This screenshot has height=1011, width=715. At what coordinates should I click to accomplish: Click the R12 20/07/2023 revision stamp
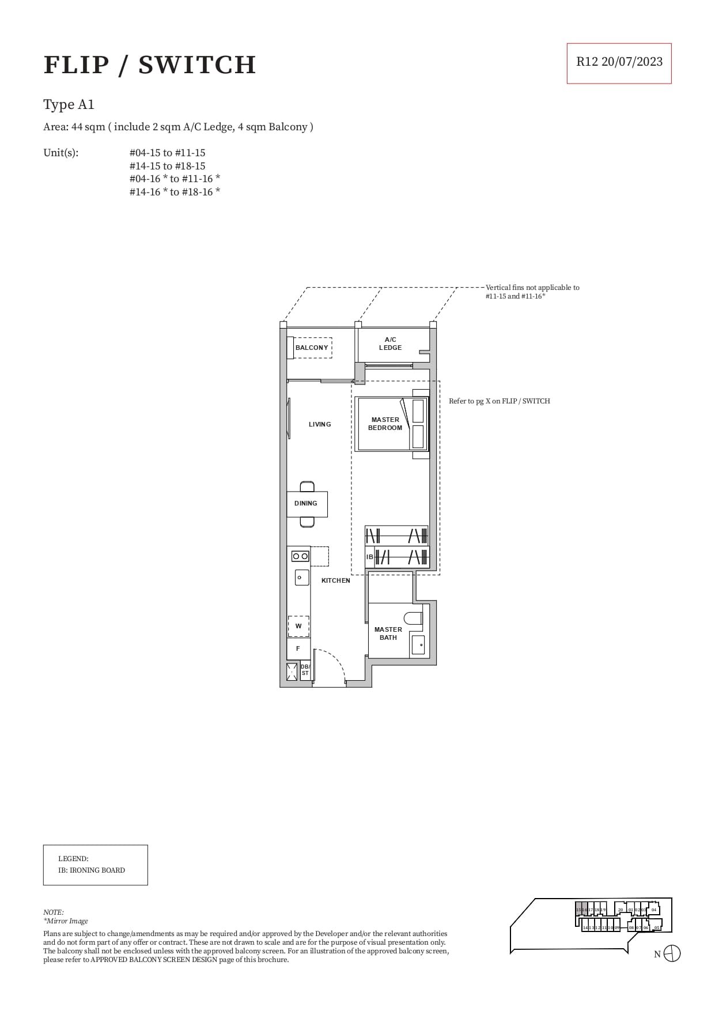click(x=619, y=62)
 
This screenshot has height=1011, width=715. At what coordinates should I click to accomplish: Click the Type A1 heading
click(x=69, y=105)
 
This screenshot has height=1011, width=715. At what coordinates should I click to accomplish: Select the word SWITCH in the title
click(x=197, y=65)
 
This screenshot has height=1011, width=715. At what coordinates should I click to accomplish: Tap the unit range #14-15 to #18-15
click(x=167, y=166)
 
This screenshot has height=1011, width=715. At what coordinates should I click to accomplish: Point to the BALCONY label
click(x=311, y=348)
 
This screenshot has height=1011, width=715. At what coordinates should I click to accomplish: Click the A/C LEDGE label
click(x=390, y=344)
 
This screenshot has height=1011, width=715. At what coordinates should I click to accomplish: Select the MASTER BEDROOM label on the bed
click(x=385, y=424)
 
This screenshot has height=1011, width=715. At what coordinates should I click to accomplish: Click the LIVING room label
click(x=320, y=424)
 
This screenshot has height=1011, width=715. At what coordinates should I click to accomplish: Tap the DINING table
click(x=307, y=504)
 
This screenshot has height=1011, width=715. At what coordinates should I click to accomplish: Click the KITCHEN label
click(x=335, y=580)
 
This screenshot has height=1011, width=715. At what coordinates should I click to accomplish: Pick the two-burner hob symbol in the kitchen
click(x=300, y=556)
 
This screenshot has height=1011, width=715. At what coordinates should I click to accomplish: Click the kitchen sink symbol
click(x=301, y=577)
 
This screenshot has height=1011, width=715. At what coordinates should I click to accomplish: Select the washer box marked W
click(x=298, y=626)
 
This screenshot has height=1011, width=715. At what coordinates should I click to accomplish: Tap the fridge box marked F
click(x=298, y=648)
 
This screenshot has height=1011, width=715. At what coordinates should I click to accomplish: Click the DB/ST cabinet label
click(x=305, y=670)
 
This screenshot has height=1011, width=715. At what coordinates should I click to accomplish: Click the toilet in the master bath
click(x=413, y=618)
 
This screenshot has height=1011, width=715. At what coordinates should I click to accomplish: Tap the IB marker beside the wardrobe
click(x=369, y=557)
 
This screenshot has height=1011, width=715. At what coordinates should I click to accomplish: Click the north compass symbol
click(x=672, y=954)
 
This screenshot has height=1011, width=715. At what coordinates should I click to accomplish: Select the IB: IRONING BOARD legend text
click(x=91, y=870)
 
